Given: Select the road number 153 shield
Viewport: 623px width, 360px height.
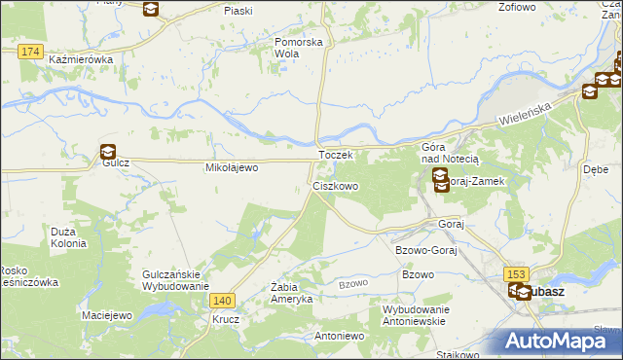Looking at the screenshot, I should [516, 275].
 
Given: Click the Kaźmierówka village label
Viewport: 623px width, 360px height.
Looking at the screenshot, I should [81, 59].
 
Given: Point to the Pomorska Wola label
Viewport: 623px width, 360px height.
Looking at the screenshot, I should [298, 48].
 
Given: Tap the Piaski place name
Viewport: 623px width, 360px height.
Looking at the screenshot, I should [238, 10].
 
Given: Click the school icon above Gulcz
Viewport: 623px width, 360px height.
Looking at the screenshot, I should [107, 152].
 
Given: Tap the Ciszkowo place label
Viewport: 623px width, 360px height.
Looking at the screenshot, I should [335, 185].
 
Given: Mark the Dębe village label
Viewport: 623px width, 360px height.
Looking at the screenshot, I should [596, 167].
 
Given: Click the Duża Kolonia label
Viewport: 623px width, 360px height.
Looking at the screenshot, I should [69, 236].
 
